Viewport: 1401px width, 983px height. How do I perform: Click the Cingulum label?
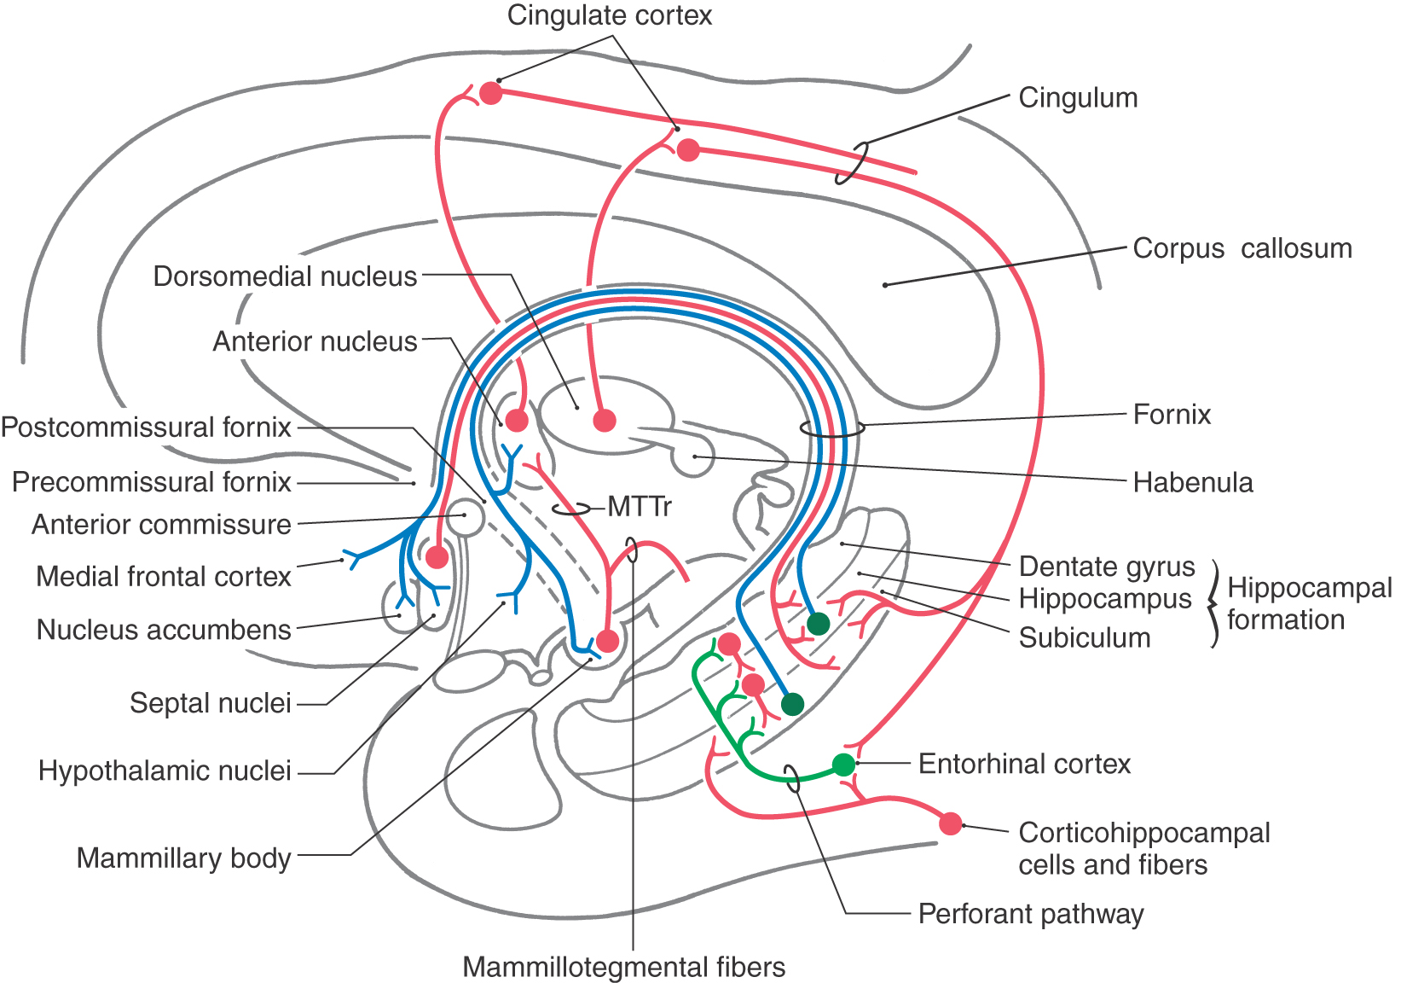pos(1078,98)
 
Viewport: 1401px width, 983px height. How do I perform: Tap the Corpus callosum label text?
pos(1242,249)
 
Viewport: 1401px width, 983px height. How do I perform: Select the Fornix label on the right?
pos(1172,415)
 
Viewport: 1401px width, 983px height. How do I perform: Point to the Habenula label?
pos(1193,483)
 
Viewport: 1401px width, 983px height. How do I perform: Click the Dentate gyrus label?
pos(1107,567)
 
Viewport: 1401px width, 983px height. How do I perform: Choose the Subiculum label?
pos(1085,637)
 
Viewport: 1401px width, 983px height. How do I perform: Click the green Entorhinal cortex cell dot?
pos(843,765)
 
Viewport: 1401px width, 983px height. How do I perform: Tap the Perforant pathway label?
pos(1031,914)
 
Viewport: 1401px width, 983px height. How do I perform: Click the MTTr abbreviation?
pos(640,507)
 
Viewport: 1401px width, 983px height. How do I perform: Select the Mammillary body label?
pos(184,858)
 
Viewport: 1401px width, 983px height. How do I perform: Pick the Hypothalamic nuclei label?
pos(165,771)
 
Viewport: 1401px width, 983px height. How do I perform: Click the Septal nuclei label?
pos(211,703)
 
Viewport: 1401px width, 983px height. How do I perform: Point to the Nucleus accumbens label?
pos(164,630)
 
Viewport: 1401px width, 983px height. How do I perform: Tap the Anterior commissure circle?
pos(466,517)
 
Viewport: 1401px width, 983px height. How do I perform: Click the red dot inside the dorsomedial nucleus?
pos(604,420)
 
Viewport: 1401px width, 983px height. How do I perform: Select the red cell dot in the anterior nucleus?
pos(517,420)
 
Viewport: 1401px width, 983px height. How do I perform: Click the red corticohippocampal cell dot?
pos(950,823)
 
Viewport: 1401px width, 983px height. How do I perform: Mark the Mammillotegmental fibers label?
pos(623,967)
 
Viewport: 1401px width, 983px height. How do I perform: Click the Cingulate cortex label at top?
pos(609,15)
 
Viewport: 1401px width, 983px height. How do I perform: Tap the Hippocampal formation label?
pos(1309,603)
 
